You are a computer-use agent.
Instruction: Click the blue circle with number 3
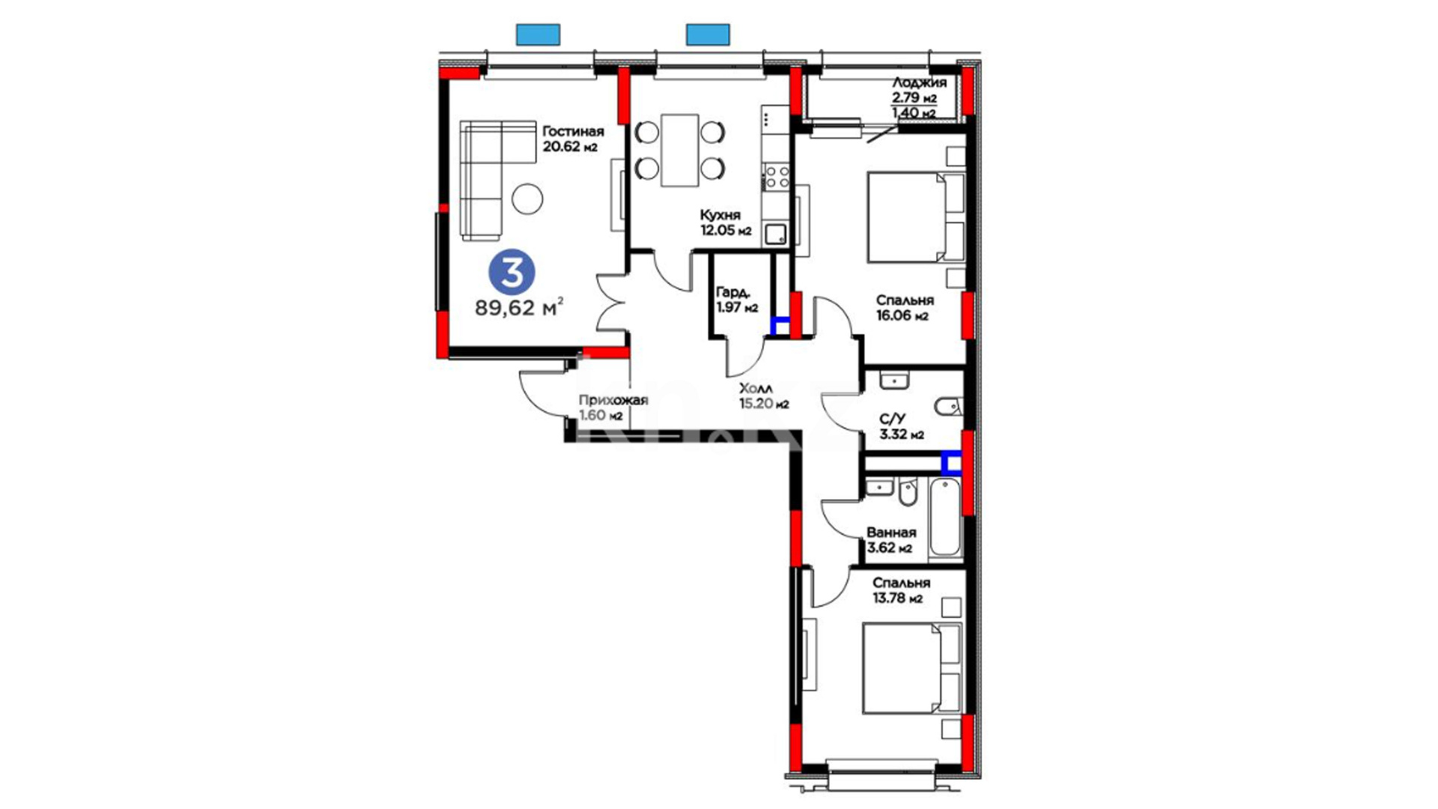(x=512, y=273)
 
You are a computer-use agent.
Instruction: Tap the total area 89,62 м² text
(x=519, y=307)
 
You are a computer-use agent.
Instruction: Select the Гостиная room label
(x=573, y=132)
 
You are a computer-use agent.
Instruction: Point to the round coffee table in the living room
(x=527, y=199)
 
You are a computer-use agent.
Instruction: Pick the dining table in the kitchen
(x=679, y=150)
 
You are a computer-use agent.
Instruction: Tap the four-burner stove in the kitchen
(x=776, y=177)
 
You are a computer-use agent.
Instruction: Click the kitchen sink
(x=775, y=234)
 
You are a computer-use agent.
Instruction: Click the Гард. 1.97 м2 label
(x=737, y=300)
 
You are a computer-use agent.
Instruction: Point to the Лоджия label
(x=919, y=83)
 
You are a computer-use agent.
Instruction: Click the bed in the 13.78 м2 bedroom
(x=911, y=667)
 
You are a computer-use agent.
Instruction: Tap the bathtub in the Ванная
(x=944, y=518)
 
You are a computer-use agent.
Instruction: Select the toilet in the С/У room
(x=946, y=407)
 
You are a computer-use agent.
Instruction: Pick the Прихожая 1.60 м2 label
(x=613, y=407)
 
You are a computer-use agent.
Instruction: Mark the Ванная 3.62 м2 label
(x=891, y=540)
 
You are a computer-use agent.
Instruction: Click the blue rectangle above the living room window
(x=538, y=34)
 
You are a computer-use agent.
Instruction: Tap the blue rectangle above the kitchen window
(x=708, y=34)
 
